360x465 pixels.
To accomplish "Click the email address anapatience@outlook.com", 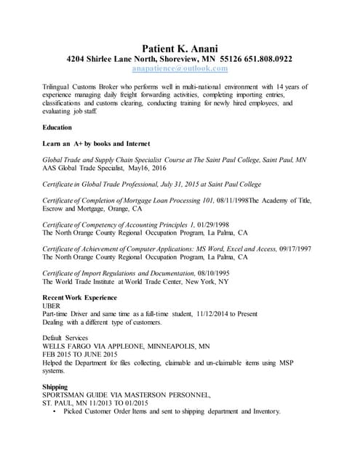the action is click(x=180, y=68).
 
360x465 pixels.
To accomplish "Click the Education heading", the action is click(x=57, y=127).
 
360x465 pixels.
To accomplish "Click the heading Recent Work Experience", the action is click(x=79, y=299).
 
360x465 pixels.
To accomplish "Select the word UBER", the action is click(x=53, y=307).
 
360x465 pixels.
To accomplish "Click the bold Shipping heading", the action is click(x=56, y=387).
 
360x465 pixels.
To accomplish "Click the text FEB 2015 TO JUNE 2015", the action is click(x=80, y=355).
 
